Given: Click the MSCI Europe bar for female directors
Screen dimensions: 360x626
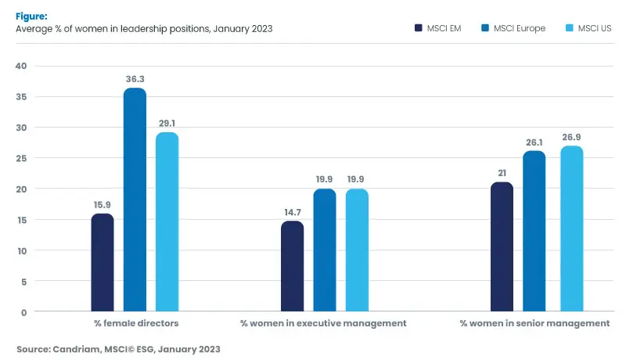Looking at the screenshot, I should (x=135, y=200).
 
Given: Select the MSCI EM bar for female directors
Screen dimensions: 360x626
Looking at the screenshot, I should (x=103, y=263).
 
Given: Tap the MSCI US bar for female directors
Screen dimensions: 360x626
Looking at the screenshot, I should (x=167, y=222).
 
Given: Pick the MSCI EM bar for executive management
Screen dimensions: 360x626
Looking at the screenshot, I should (x=292, y=267).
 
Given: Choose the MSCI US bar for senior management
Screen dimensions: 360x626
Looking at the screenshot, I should (x=572, y=229).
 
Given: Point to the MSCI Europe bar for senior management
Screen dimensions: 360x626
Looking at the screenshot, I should (x=534, y=232).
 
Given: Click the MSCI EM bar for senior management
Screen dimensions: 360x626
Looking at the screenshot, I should (x=502, y=247).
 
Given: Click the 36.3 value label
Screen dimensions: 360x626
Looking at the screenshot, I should (x=135, y=79).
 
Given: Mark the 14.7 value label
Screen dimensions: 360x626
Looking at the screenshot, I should (x=292, y=212).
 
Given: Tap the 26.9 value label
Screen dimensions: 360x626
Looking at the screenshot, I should (x=572, y=137).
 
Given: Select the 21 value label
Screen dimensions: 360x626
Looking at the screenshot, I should (x=502, y=173).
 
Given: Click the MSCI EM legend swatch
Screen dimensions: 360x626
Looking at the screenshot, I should (x=419, y=29).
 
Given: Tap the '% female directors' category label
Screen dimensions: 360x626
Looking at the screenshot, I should (x=135, y=322).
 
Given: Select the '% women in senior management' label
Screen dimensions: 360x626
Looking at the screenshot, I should (x=534, y=322).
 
